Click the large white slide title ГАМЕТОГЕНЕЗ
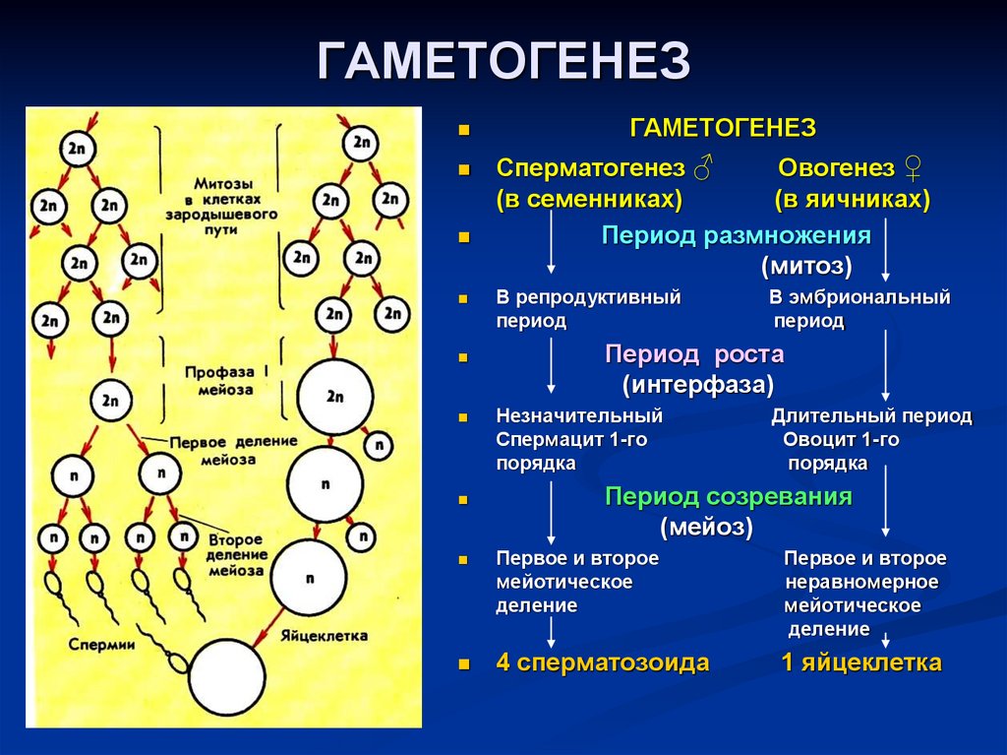pos(503,62)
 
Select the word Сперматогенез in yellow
pos(590,167)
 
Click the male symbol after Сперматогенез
pos(702,168)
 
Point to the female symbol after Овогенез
pos(912,169)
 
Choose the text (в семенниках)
pos(589,199)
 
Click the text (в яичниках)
pos(852,199)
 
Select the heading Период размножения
pos(737,236)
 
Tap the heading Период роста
pos(694,354)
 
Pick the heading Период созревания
pos(728,497)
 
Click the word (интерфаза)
pos(697,383)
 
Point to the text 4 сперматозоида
pos(602,662)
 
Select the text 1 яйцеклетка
pos(861,662)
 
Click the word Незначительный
pos(579,416)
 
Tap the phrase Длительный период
pos(871,416)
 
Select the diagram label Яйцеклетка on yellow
pos(324,635)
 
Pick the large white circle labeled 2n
pos(334,397)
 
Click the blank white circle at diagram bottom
pos(227,678)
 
